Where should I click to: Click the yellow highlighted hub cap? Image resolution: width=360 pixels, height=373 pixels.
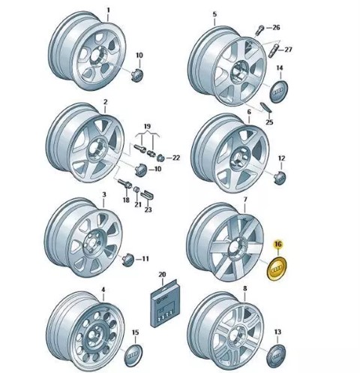pos(277,269)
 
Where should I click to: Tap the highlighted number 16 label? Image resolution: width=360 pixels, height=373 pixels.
pos(277,244)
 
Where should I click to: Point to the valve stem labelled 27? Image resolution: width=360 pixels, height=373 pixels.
pos(273,51)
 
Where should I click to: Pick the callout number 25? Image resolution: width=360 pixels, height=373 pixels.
pos(269,122)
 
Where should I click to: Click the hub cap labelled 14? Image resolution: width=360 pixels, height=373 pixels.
pos(279,92)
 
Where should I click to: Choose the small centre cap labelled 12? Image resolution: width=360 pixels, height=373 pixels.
pos(280,177)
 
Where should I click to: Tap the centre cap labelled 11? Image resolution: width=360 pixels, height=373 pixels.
pos(129,260)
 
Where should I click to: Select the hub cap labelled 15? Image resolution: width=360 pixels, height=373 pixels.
pos(133,355)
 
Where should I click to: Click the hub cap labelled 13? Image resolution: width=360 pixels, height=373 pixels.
pos(276,356)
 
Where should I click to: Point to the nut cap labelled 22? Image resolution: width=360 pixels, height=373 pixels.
pos(160,158)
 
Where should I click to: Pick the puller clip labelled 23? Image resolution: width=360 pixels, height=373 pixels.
pos(148,195)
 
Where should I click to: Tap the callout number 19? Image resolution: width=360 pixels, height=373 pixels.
pos(148,126)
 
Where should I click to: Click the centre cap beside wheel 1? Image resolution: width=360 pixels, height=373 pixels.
pos(137,74)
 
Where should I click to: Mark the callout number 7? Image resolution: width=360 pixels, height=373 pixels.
pos(245,200)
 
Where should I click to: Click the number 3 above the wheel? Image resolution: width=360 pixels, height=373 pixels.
pos(104,194)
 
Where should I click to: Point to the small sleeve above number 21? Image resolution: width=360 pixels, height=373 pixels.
pos(136,190)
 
